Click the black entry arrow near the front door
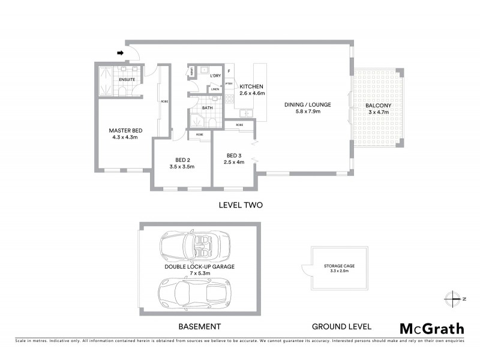point(120,53)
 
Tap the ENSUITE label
point(127,79)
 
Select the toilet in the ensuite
point(121,91)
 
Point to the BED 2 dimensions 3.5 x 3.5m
point(182,167)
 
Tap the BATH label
point(208,109)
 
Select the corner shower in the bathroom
point(197,121)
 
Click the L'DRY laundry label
point(215,76)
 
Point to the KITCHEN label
point(252,86)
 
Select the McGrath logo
point(431,328)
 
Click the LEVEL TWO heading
point(241,205)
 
